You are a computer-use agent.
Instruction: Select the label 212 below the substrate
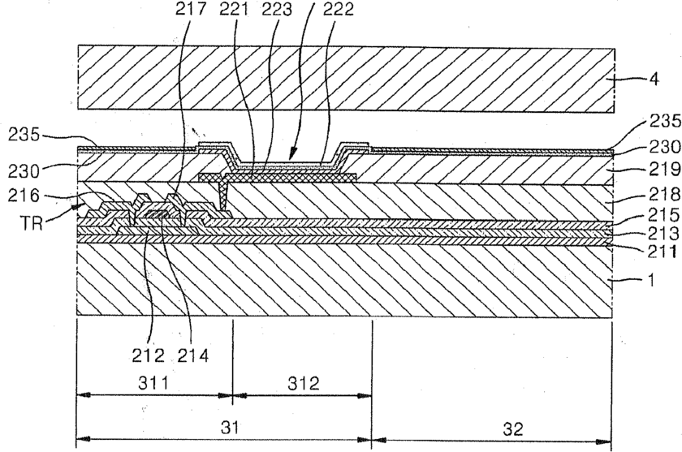[x=149, y=354]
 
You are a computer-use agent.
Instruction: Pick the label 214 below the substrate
[x=191, y=354]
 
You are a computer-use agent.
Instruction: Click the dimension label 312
[x=302, y=381]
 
